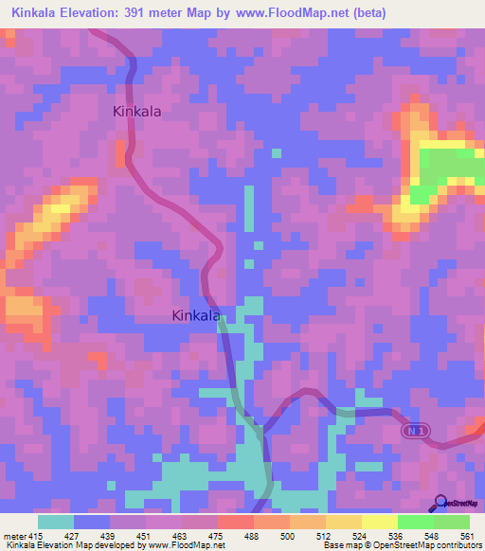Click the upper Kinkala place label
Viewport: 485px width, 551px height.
136,111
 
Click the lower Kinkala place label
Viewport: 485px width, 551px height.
196,316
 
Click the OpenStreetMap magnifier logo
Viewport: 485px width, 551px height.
439,503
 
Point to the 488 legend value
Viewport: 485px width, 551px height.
253,535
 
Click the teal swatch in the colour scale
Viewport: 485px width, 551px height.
56,522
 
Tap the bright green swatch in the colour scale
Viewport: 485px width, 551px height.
416,522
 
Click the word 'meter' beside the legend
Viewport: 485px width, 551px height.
11,535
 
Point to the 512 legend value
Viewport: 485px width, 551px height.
325,535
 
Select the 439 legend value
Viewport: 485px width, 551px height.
109,535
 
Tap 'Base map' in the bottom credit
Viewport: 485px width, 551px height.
342,545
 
